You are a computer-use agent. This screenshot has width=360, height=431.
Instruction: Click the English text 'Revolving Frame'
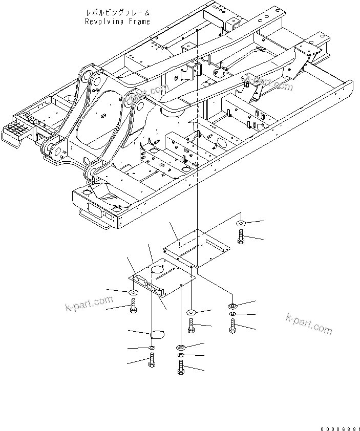[x=117, y=21]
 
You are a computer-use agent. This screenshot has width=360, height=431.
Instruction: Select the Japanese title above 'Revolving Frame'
[x=117, y=11]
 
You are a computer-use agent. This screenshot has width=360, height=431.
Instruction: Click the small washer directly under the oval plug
[x=152, y=349]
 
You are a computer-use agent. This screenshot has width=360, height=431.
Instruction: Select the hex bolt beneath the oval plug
[x=152, y=360]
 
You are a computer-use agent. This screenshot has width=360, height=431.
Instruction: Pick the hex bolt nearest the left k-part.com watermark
[x=133, y=307]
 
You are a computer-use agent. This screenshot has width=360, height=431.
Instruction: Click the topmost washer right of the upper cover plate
[x=241, y=224]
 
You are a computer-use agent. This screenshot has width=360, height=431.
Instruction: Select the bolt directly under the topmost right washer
[x=241, y=236]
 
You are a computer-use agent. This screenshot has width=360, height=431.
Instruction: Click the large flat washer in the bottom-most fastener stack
[x=180, y=347]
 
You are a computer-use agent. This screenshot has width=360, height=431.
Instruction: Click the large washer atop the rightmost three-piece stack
[x=233, y=306]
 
